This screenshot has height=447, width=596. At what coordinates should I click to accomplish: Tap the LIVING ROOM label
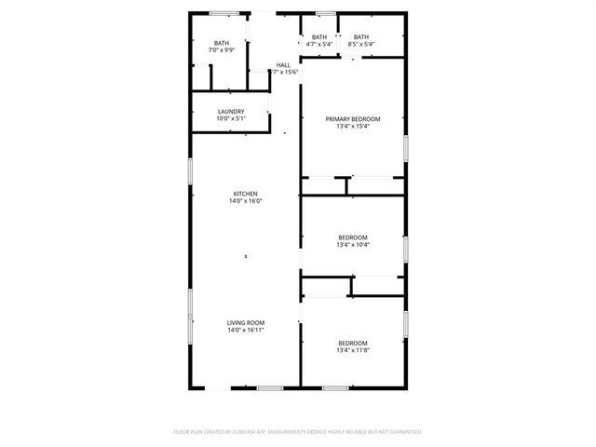click(x=246, y=323)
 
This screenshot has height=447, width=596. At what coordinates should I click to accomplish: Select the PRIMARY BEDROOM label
click(x=353, y=119)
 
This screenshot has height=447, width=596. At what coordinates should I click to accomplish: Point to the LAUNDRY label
click(x=230, y=112)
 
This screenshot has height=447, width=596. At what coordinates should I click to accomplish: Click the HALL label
click(x=283, y=65)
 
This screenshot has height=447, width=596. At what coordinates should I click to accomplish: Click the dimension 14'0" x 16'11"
click(x=246, y=331)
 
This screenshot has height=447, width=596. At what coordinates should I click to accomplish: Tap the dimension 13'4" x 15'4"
click(x=353, y=127)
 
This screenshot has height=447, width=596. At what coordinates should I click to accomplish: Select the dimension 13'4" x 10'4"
click(x=353, y=245)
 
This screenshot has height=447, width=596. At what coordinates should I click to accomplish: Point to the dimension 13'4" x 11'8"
click(x=353, y=350)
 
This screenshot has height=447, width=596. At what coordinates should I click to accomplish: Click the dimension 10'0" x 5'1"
click(x=230, y=119)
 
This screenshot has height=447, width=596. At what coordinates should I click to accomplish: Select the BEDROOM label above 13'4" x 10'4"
click(x=353, y=237)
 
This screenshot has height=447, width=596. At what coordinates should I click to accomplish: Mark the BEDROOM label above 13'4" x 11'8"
click(x=353, y=343)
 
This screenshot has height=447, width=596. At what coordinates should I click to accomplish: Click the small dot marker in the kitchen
click(x=246, y=256)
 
